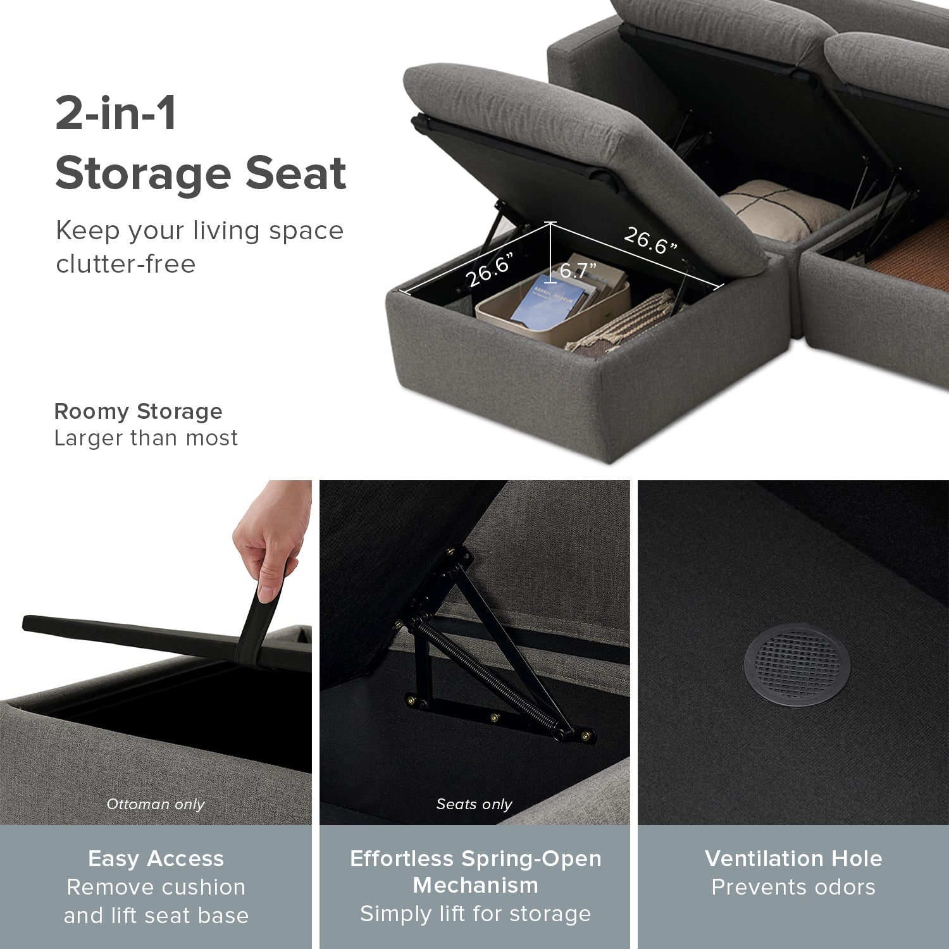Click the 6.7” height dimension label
tap(578, 271)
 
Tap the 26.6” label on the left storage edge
tap(490, 270)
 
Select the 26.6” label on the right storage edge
tap(650, 240)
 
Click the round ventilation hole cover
tap(797, 664)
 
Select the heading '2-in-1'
tap(116, 113)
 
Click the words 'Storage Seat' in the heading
tap(201, 173)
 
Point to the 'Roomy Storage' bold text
tap(139, 411)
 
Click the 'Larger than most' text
tap(146, 438)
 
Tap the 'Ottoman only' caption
tap(156, 804)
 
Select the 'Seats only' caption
tap(474, 804)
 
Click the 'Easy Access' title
tap(156, 859)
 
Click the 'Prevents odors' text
tap(793, 887)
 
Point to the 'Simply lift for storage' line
tap(475, 914)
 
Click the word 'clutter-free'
tap(126, 264)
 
